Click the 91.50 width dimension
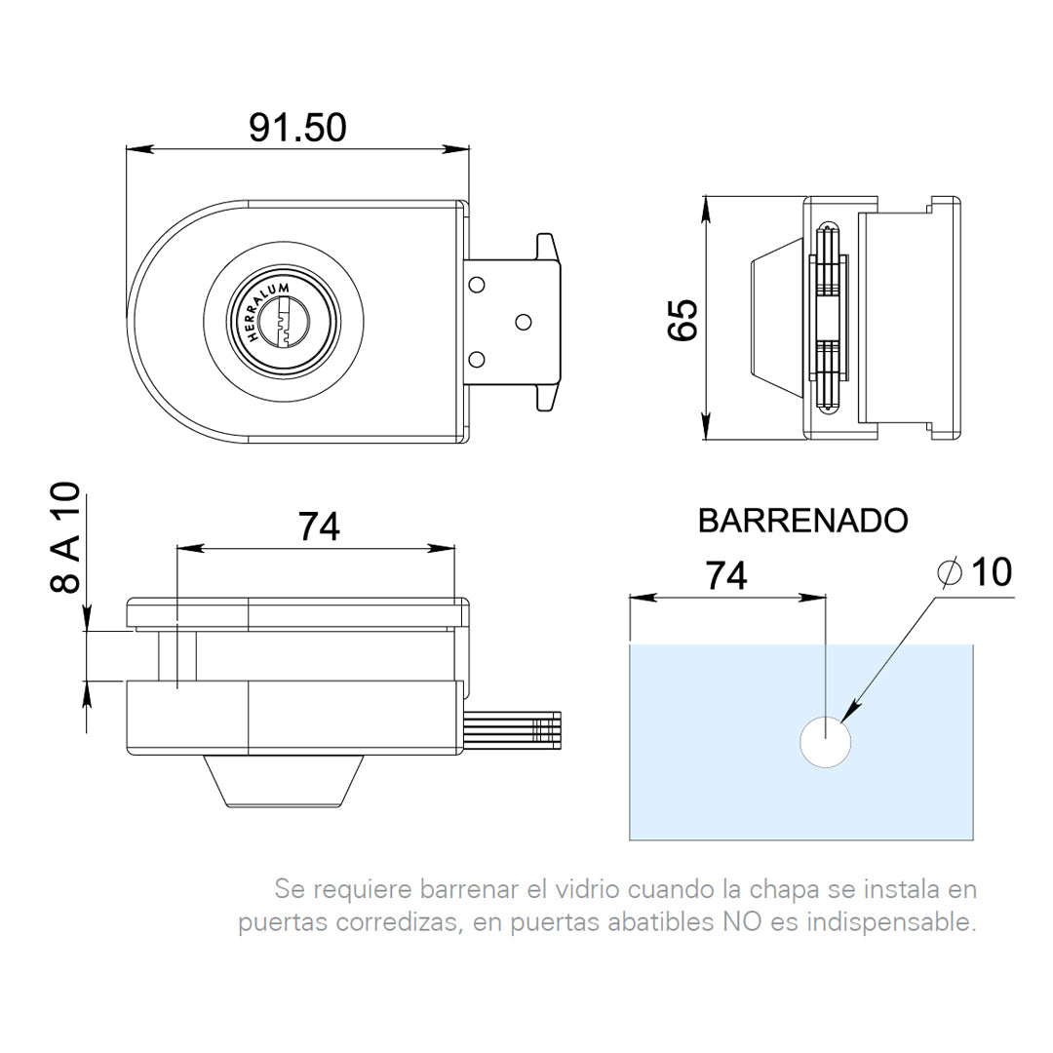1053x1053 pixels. (297, 128)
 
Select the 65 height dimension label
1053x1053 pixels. (682, 319)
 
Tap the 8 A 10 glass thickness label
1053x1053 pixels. (65, 538)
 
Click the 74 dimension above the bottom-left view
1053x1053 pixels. (319, 526)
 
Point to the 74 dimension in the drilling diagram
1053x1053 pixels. (726, 576)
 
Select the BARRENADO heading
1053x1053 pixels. (802, 521)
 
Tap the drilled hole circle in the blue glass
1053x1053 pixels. (825, 744)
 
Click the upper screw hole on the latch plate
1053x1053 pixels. (477, 285)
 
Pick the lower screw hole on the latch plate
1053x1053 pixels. (477, 360)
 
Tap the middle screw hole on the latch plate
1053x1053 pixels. (524, 321)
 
